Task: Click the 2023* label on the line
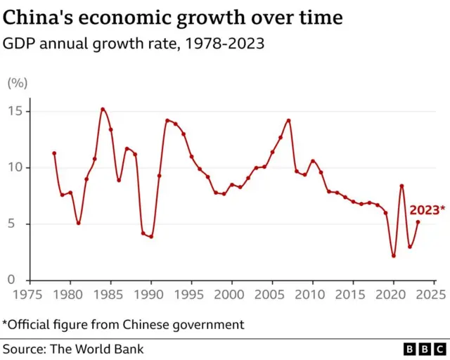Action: click(x=427, y=210)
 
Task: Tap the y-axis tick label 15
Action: click(x=16, y=111)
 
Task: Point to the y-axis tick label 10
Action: click(x=16, y=167)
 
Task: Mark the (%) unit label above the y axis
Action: click(x=17, y=83)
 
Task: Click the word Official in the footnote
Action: click(x=34, y=324)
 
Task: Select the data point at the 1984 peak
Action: click(x=103, y=109)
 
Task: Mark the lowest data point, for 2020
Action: click(x=394, y=256)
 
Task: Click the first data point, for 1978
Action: click(x=54, y=153)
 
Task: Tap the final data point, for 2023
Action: click(x=418, y=222)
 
